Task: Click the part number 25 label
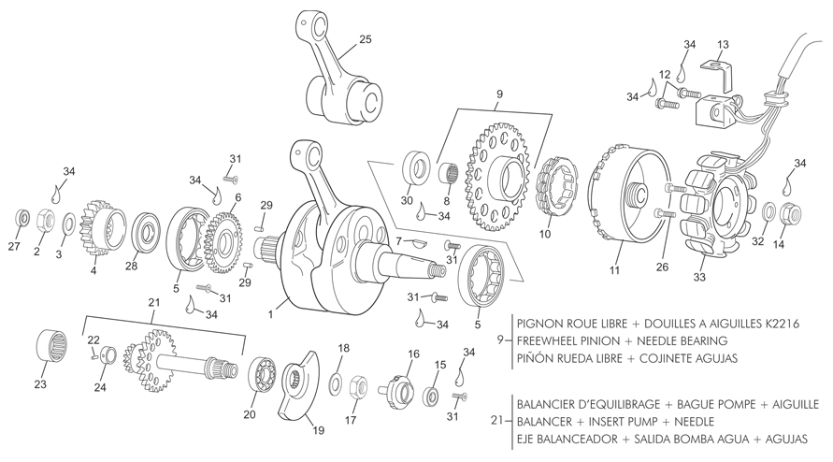tap(365, 39)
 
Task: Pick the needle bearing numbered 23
tap(52, 347)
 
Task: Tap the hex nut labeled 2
tap(45, 220)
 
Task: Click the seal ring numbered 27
tap(22, 218)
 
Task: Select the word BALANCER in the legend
tap(543, 422)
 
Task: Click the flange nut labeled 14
tap(789, 213)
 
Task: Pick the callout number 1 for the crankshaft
tap(270, 315)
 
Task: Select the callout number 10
tap(545, 234)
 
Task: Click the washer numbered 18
tap(336, 384)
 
